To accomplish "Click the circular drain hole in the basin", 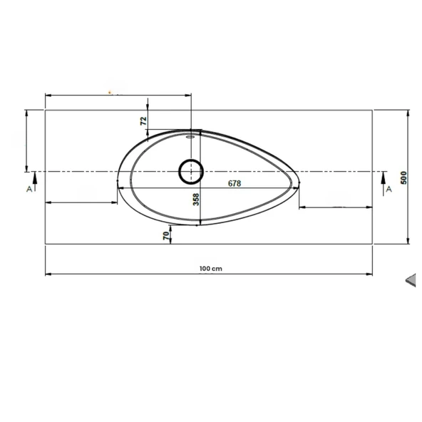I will [x=191, y=171].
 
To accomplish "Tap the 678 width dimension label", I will [x=235, y=183].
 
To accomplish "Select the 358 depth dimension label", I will [x=196, y=200].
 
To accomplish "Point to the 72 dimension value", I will [x=144, y=121].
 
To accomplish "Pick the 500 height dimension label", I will [x=403, y=177].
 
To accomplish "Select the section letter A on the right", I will [x=388, y=189].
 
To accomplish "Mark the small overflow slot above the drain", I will [x=191, y=133].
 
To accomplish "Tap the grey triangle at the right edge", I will [x=411, y=281].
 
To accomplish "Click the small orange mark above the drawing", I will [x=110, y=92].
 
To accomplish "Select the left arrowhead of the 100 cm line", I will [x=47, y=274].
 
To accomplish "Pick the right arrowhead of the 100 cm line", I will [x=372, y=274].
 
